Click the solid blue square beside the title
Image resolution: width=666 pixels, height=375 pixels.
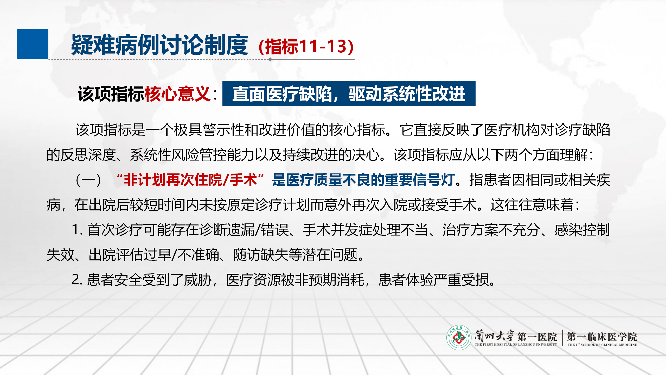coord(33,44)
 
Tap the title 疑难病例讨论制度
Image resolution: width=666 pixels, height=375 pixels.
coord(159,45)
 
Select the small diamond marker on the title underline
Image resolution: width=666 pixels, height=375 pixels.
coord(270,59)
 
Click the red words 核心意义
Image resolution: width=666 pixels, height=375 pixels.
coord(177,94)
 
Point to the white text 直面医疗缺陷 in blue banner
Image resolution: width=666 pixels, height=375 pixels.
coord(282,94)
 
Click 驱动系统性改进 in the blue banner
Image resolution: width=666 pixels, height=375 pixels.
coord(407,94)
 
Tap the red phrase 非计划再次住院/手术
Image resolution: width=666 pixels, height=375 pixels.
coord(190,180)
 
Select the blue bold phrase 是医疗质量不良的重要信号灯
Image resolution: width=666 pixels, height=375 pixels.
coord(363,180)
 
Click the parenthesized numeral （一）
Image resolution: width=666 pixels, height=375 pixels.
coord(88,180)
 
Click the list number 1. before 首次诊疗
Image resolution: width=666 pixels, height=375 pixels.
coord(77,230)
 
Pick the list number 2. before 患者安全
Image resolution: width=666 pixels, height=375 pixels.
coord(77,280)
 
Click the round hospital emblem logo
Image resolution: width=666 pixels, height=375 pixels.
coord(459,337)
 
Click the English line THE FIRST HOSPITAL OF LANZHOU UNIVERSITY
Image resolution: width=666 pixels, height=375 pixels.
coord(516,345)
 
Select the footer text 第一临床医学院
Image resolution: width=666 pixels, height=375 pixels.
coord(602,337)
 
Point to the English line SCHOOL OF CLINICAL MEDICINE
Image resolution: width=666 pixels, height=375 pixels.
coord(609,345)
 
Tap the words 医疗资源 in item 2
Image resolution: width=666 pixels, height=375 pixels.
coord(254,280)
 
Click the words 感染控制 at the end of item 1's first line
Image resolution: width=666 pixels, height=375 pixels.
coord(582,230)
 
